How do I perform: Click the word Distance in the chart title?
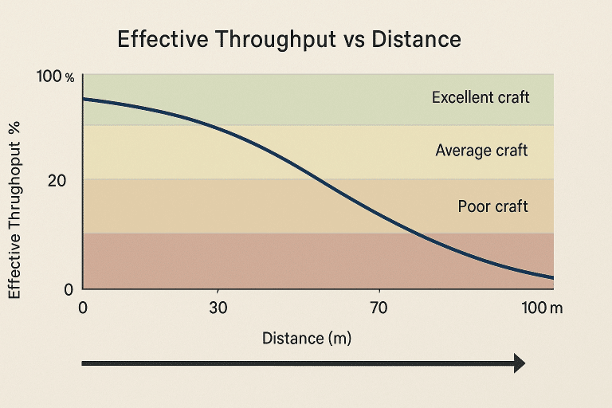(415, 40)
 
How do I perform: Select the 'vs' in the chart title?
(355, 41)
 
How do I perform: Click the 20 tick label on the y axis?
(57, 181)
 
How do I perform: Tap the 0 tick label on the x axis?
(84, 308)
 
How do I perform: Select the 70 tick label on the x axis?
(379, 308)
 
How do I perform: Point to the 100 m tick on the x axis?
(541, 308)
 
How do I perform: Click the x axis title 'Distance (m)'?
(307, 338)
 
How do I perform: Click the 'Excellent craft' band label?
(481, 98)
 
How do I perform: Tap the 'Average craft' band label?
(481, 151)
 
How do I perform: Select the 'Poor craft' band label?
(492, 206)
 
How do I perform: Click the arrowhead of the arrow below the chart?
(519, 363)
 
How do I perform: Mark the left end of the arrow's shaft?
(84, 363)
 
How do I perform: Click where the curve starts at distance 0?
(84, 99)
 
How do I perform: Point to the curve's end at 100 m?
(552, 277)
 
